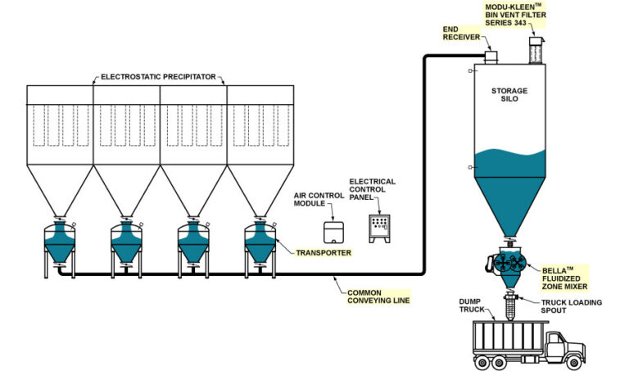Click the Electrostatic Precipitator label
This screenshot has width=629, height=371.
coord(157,77)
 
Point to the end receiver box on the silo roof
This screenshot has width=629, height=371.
coord(491,57)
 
